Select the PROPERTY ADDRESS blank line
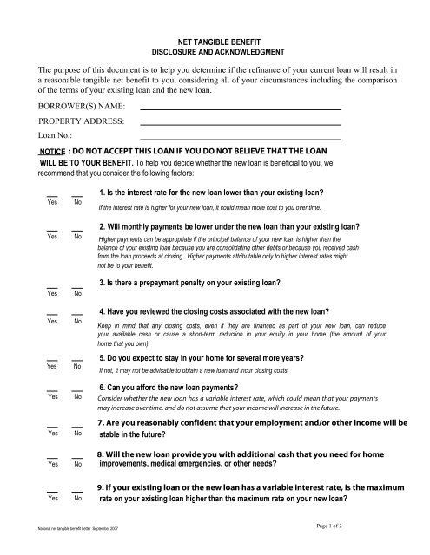(240, 125)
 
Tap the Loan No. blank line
(240, 139)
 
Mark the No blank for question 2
(77, 229)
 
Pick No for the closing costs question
(77, 314)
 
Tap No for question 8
(77, 456)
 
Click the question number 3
(103, 284)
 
